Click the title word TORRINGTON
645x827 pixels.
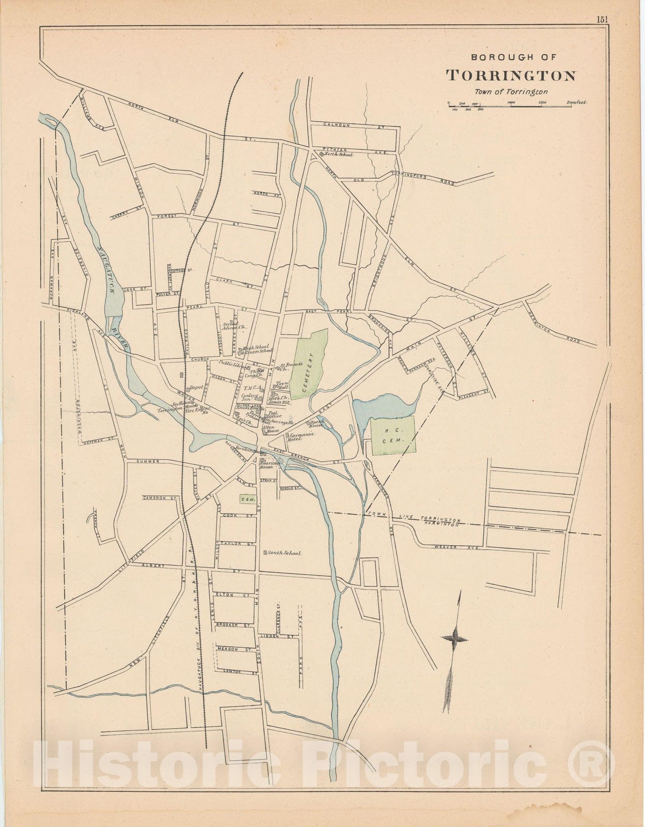[x=511, y=75]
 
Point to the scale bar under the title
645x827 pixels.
[x=517, y=103]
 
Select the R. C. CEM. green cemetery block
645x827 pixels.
[x=393, y=435]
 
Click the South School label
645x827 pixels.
[x=283, y=553]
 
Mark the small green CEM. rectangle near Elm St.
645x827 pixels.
[x=248, y=499]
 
